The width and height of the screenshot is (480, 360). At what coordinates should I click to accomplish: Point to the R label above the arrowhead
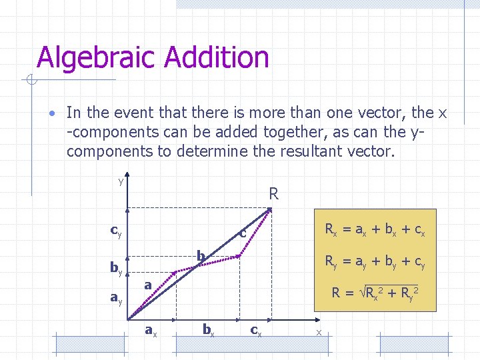tap(273, 195)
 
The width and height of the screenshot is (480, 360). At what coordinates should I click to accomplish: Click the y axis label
tap(121, 181)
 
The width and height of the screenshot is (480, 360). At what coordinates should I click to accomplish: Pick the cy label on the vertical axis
tap(115, 232)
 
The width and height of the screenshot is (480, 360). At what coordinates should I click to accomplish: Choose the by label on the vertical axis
tap(115, 269)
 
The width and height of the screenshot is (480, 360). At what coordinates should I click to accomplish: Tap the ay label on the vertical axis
tap(115, 298)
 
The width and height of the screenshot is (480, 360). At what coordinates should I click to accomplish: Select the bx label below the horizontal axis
tap(208, 330)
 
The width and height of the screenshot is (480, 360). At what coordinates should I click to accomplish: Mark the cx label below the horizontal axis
tap(255, 330)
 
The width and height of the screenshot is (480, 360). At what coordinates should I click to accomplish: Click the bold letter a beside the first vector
tap(149, 285)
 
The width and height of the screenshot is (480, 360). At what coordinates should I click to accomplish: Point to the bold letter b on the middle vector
tap(200, 256)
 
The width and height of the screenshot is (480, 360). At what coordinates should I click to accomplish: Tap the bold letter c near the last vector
tap(243, 233)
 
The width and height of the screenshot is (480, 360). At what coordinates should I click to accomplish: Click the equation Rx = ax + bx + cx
tap(375, 231)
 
